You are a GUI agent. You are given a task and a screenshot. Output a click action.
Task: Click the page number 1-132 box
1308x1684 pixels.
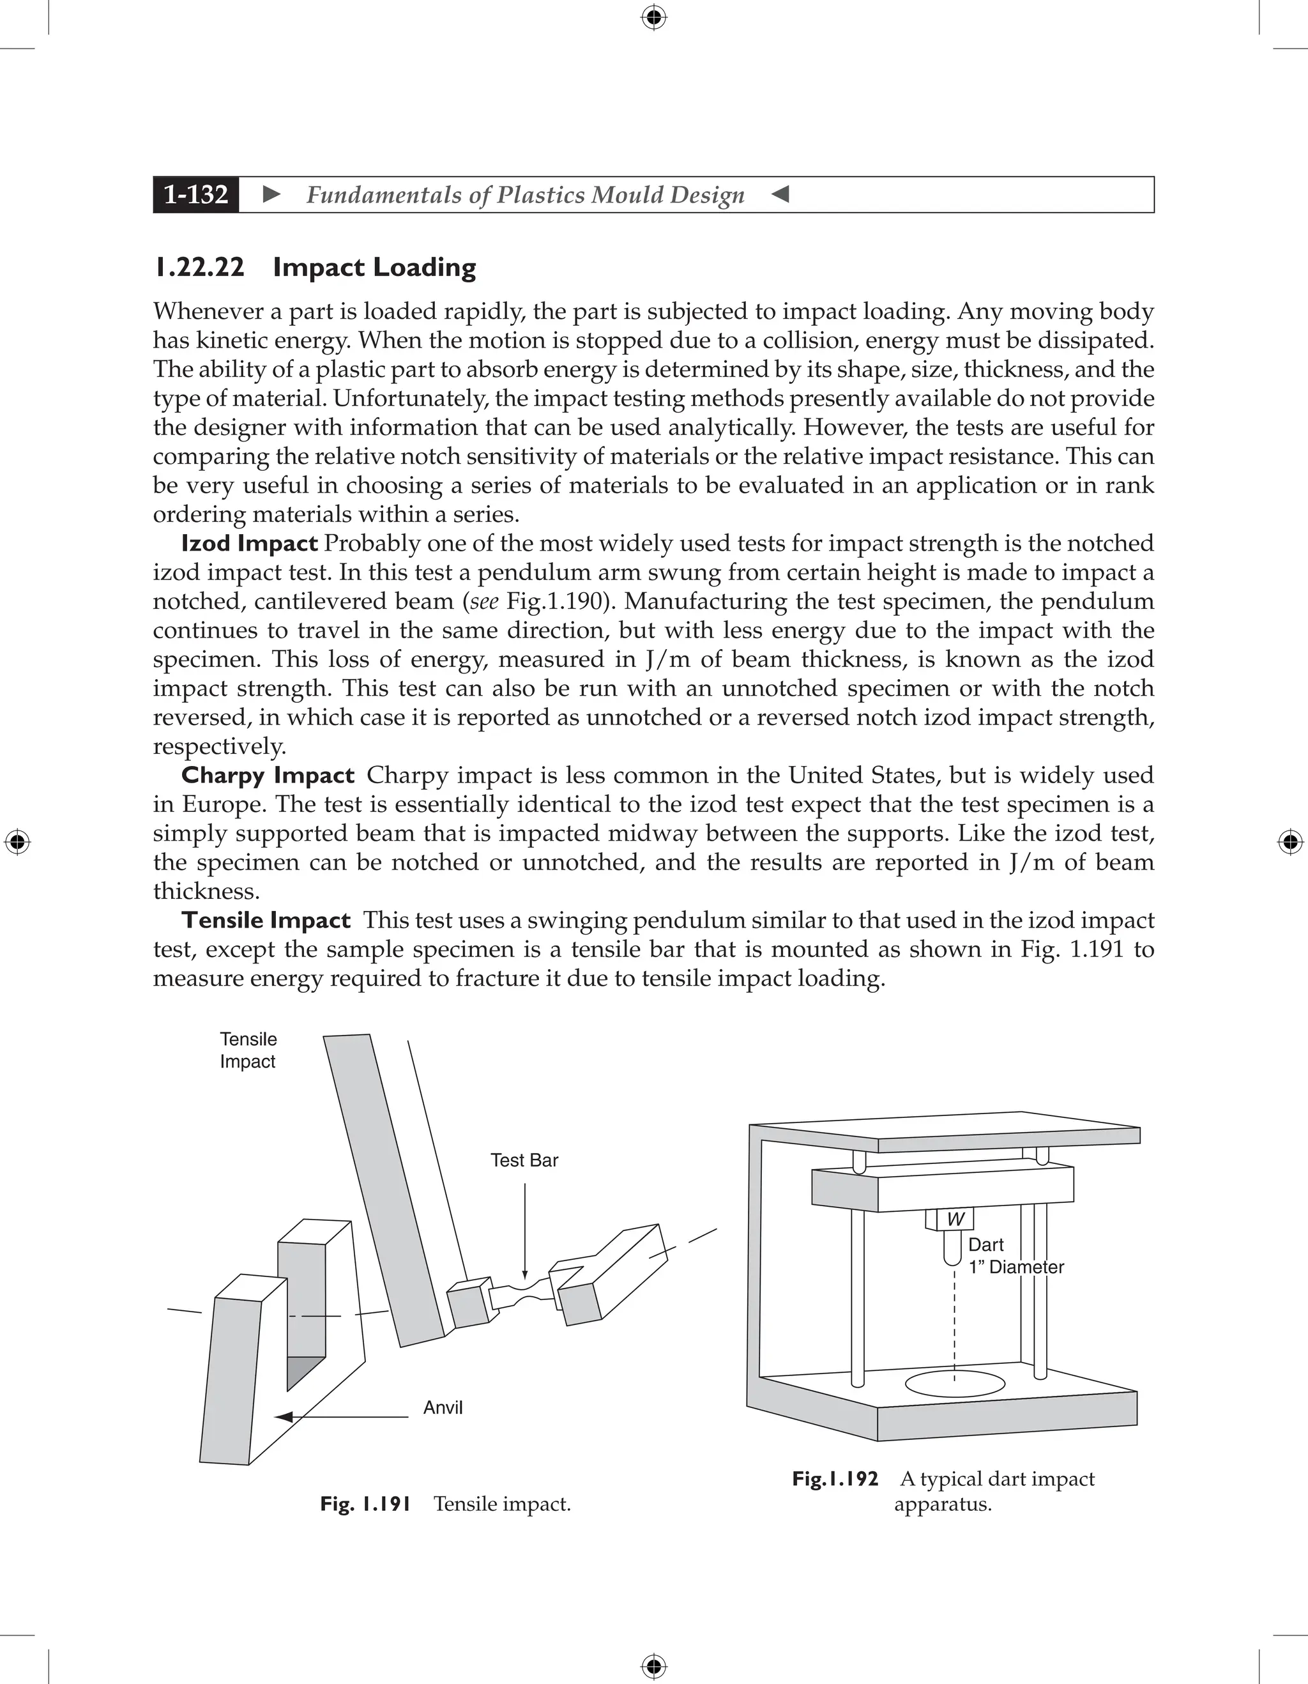pos(196,194)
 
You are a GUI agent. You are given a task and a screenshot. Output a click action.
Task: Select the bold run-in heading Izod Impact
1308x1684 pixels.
pos(249,544)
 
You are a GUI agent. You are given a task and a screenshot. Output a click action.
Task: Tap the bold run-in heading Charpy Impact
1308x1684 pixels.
pos(268,776)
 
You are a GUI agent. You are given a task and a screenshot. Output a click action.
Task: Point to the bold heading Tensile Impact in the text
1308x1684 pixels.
pos(266,921)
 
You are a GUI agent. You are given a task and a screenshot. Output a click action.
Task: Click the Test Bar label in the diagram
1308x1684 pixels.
pos(524,1160)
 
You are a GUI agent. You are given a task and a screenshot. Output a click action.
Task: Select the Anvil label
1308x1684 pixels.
pos(443,1408)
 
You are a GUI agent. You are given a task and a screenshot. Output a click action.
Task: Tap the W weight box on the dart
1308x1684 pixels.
pos(954,1220)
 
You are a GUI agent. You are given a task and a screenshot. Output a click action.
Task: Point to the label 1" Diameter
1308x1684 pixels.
pos(1016,1267)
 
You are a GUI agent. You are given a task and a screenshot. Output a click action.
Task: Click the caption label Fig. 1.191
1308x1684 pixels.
pos(365,1504)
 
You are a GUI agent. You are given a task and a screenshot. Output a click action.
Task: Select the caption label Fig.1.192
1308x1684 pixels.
pos(835,1479)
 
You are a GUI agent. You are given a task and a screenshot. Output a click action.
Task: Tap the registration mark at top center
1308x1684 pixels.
pos(653,17)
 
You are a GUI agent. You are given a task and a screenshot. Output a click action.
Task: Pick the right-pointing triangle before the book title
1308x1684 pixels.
pos(271,194)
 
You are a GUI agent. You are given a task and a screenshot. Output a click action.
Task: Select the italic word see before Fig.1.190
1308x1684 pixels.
pos(483,601)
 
